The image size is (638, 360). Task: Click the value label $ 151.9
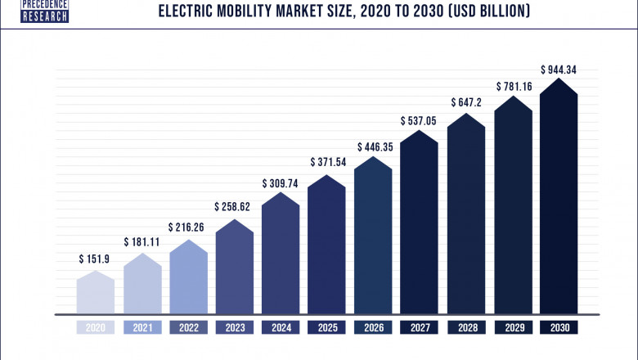coord(96,259)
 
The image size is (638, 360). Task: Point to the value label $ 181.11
coord(142,242)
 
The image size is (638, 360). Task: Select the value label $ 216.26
coord(188,227)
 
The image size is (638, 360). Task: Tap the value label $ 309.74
coord(281,183)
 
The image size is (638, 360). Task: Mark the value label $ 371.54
coord(328,163)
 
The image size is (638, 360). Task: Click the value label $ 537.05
coord(420,121)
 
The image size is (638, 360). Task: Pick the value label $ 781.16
coord(513,86)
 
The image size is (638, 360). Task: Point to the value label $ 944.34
coord(559,70)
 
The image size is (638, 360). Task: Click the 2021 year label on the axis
coord(142,327)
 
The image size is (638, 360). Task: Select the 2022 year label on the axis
coord(188,327)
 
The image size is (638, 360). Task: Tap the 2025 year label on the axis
coord(328,327)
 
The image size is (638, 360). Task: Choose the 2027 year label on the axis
coord(420,327)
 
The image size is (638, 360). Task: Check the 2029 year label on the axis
coord(513,327)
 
